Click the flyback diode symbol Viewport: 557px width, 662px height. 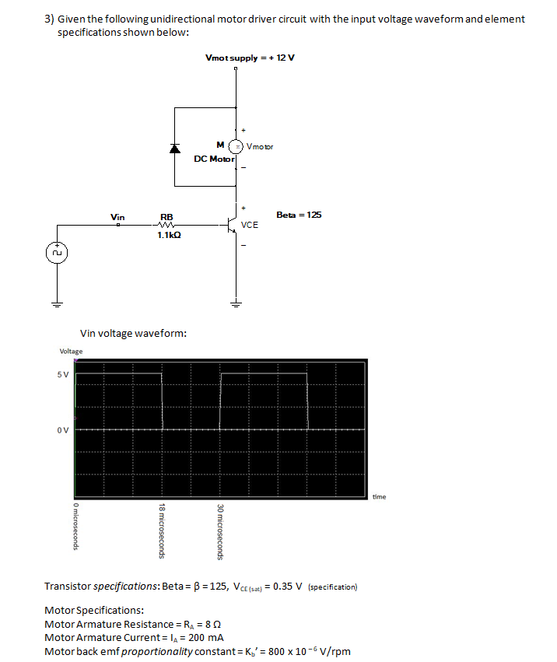pos(175,148)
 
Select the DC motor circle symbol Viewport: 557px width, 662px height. pos(236,145)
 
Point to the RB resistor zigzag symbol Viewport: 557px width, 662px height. pos(166,226)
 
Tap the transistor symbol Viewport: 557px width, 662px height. pos(233,226)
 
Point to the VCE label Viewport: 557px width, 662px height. pos(250,225)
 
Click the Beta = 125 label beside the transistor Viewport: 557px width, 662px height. pos(299,215)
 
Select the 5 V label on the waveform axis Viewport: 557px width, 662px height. pos(62,374)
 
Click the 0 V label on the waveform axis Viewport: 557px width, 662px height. pos(62,429)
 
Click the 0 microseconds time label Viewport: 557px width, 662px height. pos(74,527)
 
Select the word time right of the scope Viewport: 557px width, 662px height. pos(379,496)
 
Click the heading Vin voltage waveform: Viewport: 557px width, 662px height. pos(133,333)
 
